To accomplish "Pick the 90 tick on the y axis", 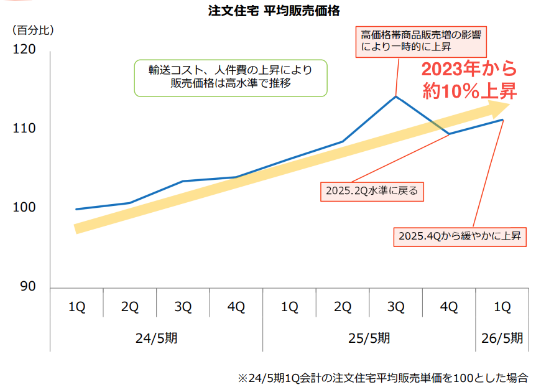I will pyautogui.click(x=27, y=287).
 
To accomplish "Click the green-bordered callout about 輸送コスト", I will pyautogui.click(x=231, y=78).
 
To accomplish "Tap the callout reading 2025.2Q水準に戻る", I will pyautogui.click(x=372, y=191).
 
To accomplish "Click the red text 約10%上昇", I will pyautogui.click(x=469, y=91).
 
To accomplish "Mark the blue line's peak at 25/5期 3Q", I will pyautogui.click(x=395, y=96).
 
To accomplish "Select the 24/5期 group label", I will pyautogui.click(x=156, y=338).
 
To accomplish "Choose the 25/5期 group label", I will pyautogui.click(x=369, y=338).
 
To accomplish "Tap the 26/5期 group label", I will pyautogui.click(x=502, y=338).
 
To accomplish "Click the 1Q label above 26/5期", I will pyautogui.click(x=502, y=306).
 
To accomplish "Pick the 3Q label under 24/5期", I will pyautogui.click(x=183, y=306).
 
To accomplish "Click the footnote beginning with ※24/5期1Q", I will pyautogui.click(x=382, y=377).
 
